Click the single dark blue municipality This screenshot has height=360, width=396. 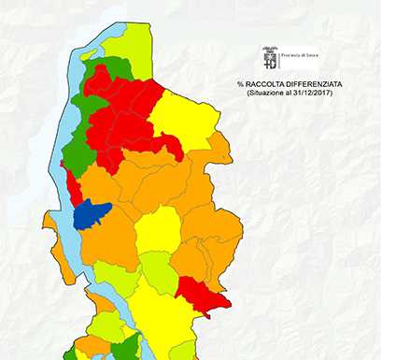click(91, 215)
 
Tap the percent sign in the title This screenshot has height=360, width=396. click(240, 85)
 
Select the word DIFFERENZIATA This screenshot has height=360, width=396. click(313, 85)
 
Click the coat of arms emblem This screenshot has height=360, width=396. click(271, 58)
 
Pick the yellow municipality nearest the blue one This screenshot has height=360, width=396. click(158, 229)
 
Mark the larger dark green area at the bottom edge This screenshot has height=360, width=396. click(122, 349)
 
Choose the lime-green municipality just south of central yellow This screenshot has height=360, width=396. click(157, 270)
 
